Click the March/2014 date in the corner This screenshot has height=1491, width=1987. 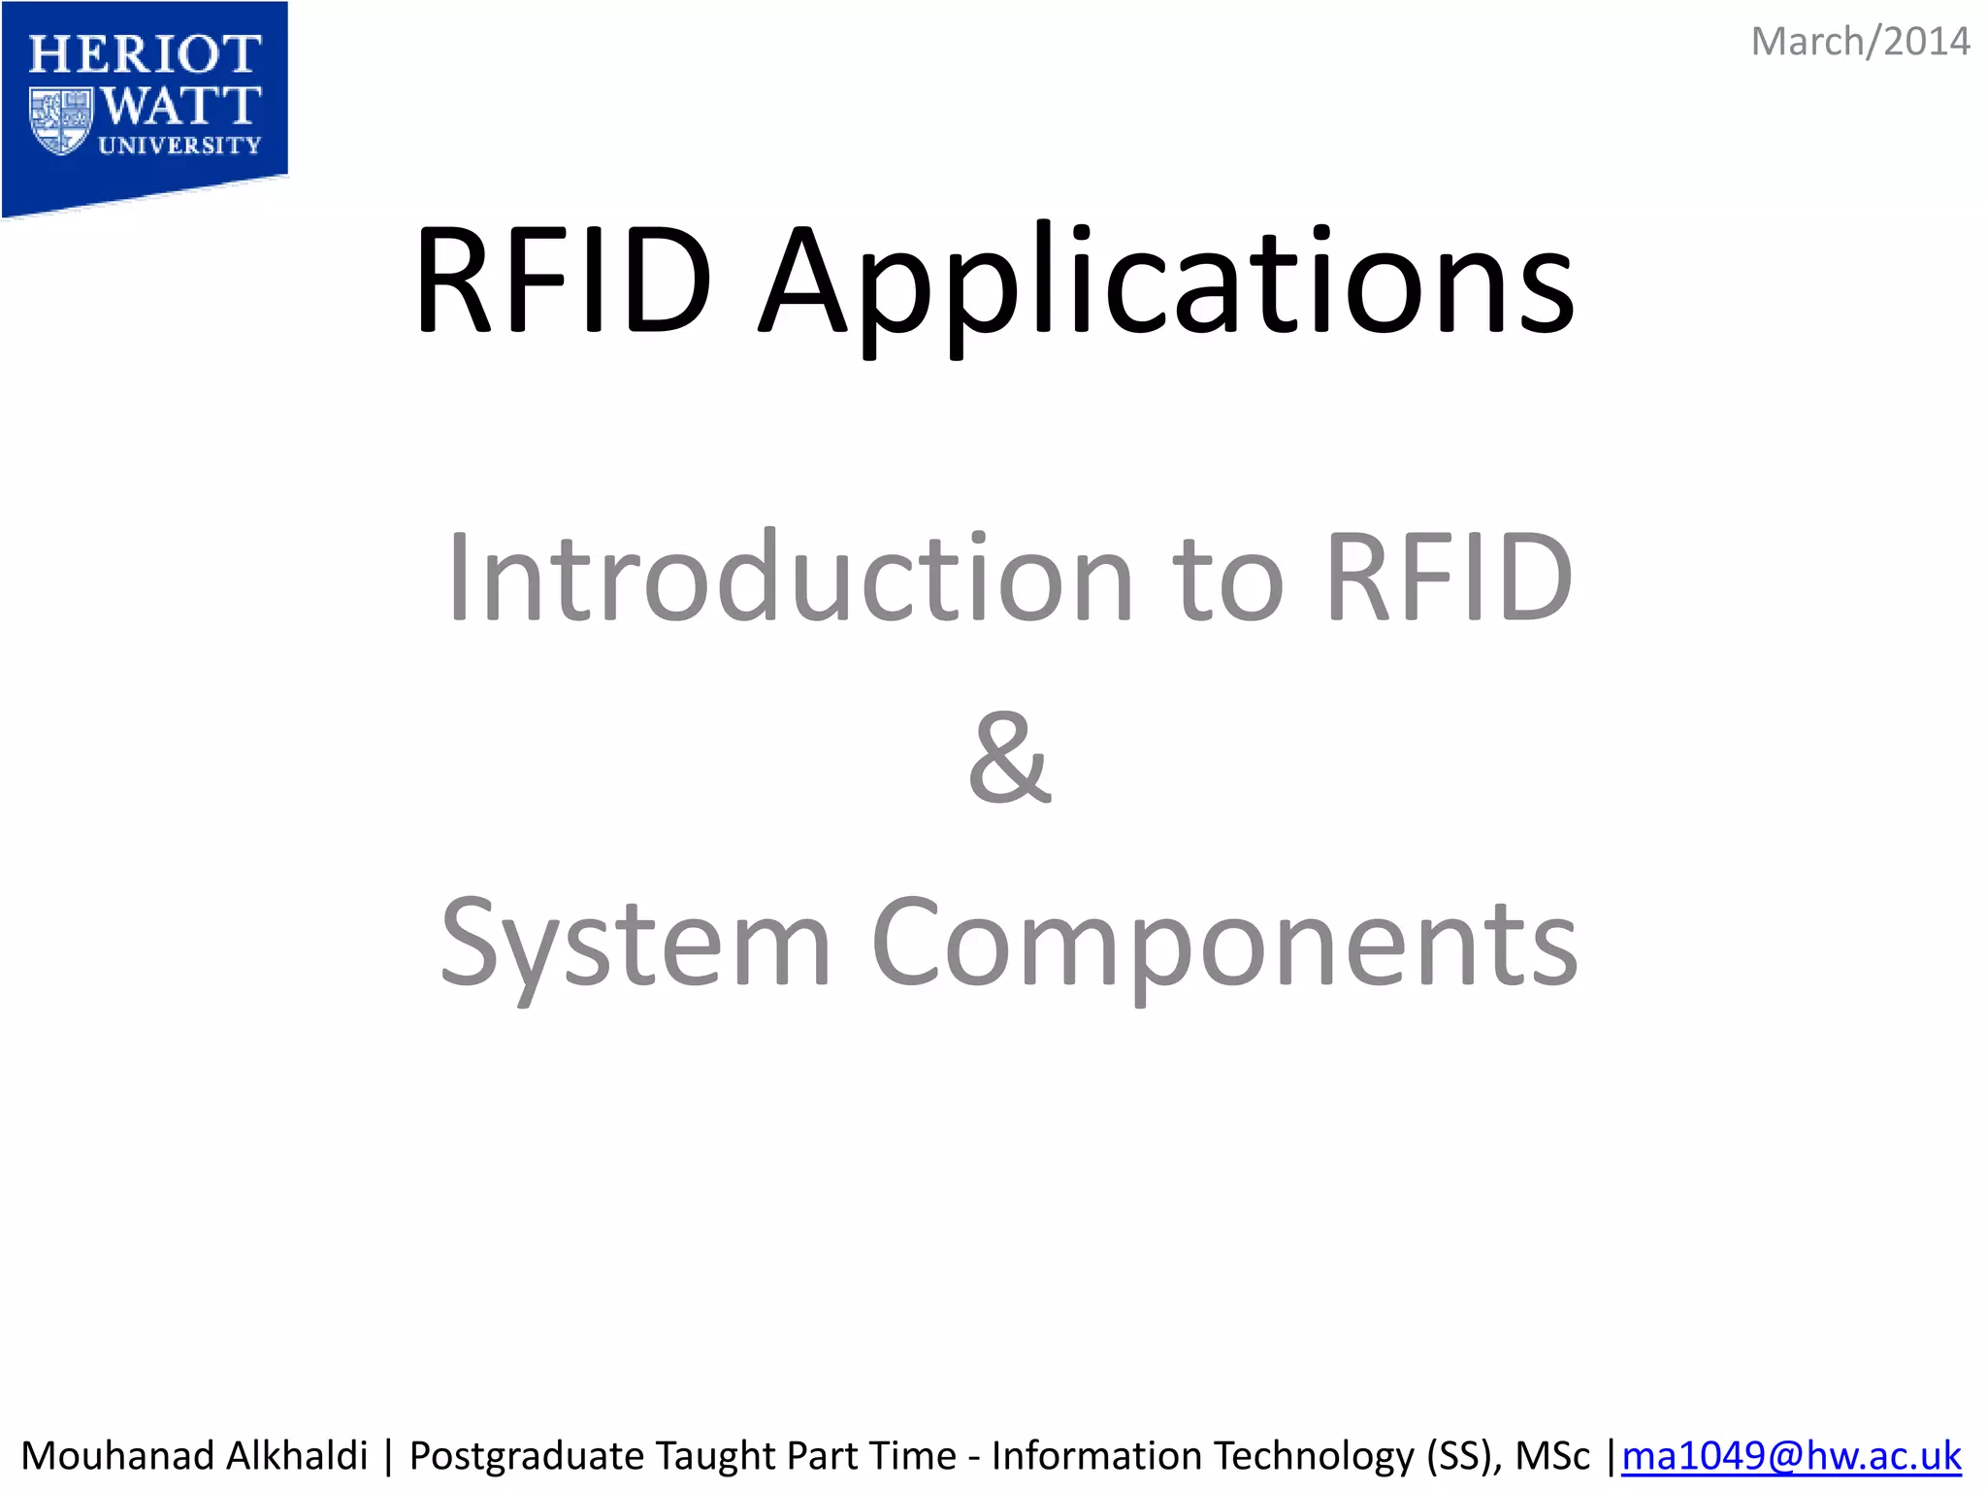[x=1859, y=43]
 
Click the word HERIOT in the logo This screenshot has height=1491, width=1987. [x=145, y=55]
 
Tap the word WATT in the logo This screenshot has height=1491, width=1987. [x=180, y=105]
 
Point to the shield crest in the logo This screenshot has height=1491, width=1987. [x=60, y=120]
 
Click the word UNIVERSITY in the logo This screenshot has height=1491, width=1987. [x=179, y=146]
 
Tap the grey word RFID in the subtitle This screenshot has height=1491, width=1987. [x=1449, y=579]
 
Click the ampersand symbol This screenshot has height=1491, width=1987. [x=1009, y=759]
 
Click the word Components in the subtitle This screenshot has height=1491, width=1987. [x=1224, y=944]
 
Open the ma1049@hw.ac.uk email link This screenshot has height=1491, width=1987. [x=1791, y=1456]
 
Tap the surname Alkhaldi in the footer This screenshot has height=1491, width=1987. [x=297, y=1456]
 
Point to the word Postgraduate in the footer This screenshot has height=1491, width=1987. [x=528, y=1456]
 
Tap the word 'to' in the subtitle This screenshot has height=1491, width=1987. [x=1229, y=579]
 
